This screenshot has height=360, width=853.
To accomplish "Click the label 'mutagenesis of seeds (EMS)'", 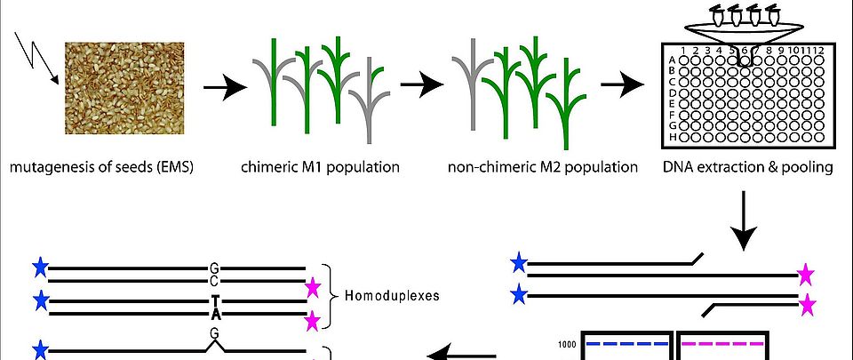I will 100,166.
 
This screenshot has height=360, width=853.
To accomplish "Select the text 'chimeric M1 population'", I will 320,166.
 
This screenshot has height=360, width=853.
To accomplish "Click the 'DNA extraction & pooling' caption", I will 745,166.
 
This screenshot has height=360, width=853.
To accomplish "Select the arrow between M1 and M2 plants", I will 420,86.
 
